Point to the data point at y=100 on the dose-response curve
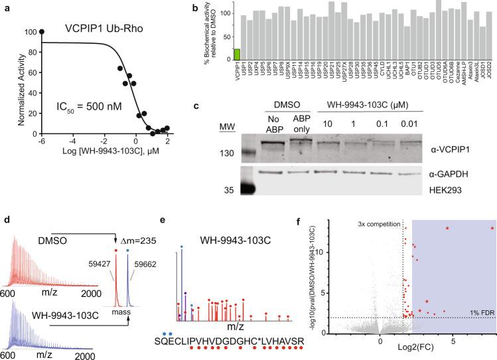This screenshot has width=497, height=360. point(42,31)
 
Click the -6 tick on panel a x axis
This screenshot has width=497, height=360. point(42,141)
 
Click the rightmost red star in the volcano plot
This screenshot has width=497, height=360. point(492,228)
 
